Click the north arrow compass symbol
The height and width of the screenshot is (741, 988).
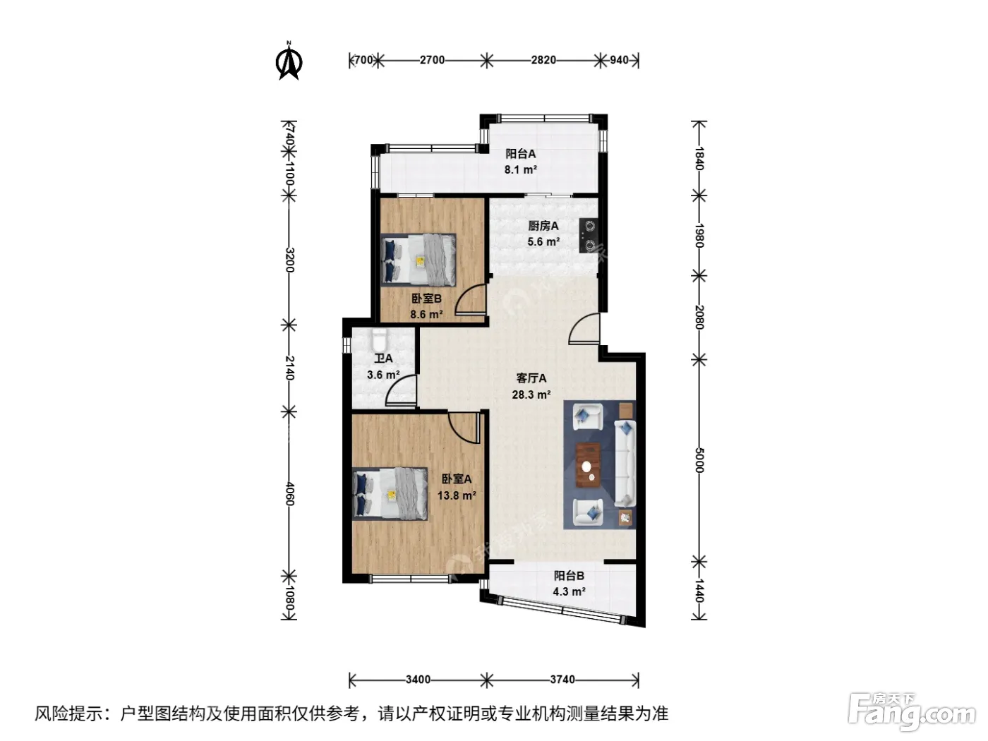289,60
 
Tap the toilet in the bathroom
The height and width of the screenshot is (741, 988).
379,340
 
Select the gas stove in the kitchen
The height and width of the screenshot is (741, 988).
589,235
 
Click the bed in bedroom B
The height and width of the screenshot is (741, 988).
418,260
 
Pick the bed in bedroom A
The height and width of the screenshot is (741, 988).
390,493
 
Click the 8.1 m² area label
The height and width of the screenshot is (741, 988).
520,169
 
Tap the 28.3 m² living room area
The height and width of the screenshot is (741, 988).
531,394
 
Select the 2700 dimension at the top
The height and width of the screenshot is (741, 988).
432,60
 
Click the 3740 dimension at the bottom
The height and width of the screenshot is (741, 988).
562,680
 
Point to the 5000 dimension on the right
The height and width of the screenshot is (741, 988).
699,460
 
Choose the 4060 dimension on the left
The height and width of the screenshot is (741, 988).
289,493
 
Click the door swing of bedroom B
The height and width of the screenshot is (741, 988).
471,299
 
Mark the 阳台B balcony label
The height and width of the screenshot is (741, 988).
569,575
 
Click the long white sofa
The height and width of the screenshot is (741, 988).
625,463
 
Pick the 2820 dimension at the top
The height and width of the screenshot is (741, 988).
543,60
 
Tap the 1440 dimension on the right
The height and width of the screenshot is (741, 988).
699,590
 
